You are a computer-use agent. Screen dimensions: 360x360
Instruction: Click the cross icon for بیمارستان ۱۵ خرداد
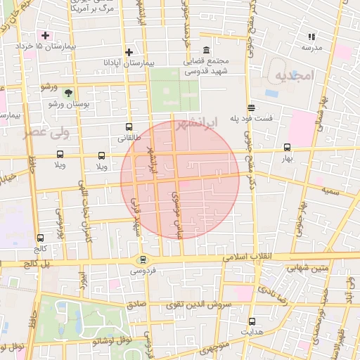(x=46, y=35)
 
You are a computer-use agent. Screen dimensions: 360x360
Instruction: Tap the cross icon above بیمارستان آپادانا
(x=129, y=52)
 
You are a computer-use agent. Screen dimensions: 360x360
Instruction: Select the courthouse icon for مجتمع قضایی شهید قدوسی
(x=206, y=51)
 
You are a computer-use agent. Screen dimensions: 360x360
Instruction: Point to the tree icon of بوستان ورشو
(x=68, y=93)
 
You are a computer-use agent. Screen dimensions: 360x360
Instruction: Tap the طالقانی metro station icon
(x=128, y=127)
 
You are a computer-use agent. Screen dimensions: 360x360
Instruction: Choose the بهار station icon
(x=287, y=148)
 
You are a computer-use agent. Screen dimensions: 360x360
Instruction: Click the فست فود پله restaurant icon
(x=251, y=107)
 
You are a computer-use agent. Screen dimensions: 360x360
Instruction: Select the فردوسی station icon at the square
(x=143, y=259)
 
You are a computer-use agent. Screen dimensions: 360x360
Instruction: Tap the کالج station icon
(x=40, y=238)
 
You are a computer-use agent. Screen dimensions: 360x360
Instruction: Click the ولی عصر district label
(x=44, y=133)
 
